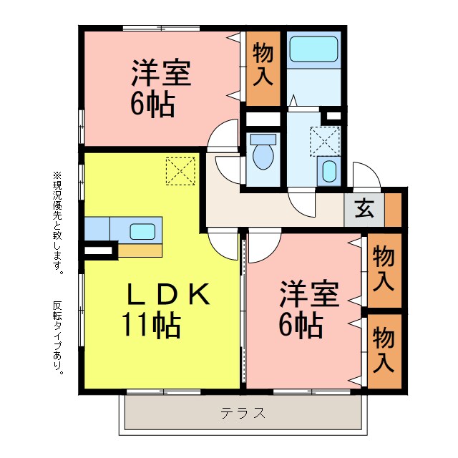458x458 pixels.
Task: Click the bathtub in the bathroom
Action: click(315, 49)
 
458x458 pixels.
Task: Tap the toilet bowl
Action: click(263, 153)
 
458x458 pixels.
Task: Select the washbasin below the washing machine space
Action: click(329, 171)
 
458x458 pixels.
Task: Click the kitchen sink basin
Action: click(142, 231)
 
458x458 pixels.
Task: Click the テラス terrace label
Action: click(243, 413)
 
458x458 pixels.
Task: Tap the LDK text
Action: click(169, 294)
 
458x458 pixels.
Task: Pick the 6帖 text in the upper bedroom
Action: click(152, 105)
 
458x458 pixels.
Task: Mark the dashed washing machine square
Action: click(324, 140)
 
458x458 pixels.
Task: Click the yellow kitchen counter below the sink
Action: click(140, 250)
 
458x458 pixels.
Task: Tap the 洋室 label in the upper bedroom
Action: click(160, 74)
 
